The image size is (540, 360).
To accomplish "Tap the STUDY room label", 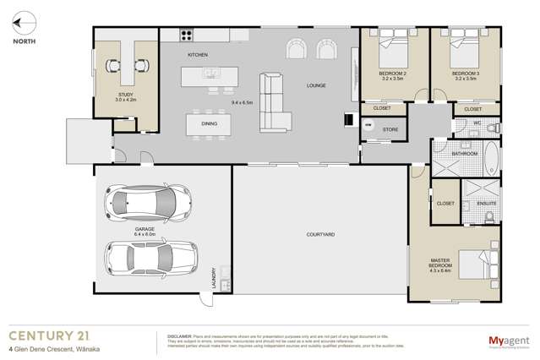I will tap(125, 95).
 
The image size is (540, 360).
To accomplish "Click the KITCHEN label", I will tap(198, 55).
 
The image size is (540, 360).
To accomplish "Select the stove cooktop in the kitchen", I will tap(186, 35).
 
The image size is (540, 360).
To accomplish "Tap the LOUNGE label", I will tap(316, 85).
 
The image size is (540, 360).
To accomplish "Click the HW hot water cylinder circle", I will tap(368, 126).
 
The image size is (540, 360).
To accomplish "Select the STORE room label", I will tap(390, 129).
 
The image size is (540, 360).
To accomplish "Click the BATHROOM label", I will tap(465, 154).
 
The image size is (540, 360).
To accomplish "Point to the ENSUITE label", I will tap(486, 204).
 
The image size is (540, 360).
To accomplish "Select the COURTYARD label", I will tap(320, 234).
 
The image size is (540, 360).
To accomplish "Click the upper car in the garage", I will tap(140, 203).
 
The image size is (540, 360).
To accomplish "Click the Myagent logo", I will tap(508, 341).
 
